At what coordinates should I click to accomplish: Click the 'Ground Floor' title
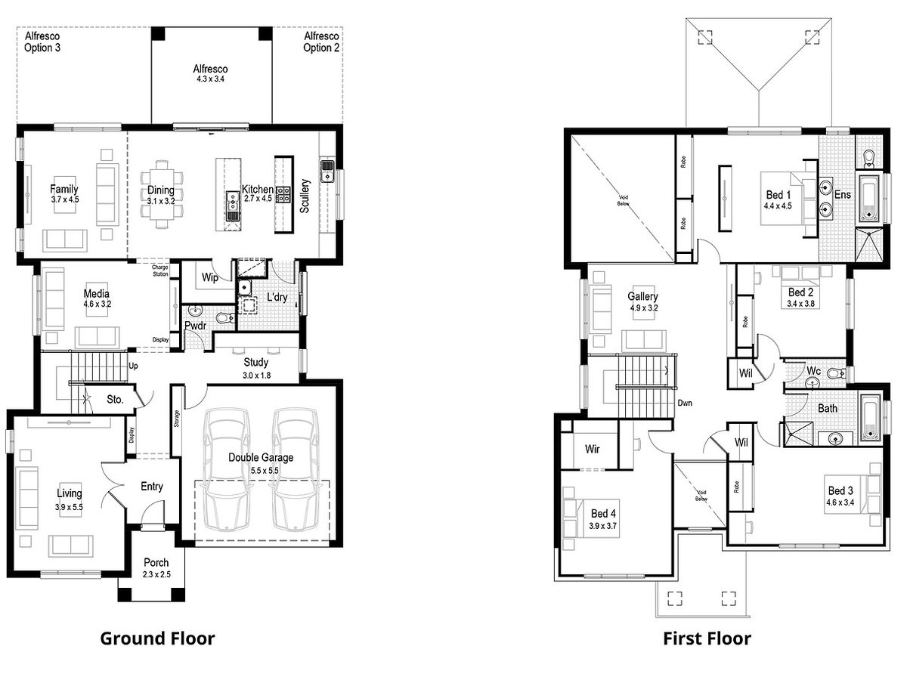coord(157,638)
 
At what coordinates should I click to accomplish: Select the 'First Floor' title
coord(707,638)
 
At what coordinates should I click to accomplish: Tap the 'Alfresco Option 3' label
coord(42,42)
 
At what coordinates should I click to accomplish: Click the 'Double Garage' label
coord(262,457)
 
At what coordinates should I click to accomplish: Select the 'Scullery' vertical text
coord(305,196)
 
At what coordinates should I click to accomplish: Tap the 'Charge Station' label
coord(160,271)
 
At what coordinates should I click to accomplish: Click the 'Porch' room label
coord(156,563)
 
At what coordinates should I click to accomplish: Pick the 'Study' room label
coord(255,363)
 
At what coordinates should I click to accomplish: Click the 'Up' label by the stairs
coord(133,365)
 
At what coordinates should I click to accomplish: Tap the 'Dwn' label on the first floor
coord(686,403)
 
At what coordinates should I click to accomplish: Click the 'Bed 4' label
coord(603,513)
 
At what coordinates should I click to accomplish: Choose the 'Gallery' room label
coord(642,297)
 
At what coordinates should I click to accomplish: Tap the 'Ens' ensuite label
coord(843,195)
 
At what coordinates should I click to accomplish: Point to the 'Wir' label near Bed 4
coord(593,448)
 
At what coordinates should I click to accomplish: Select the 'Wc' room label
coord(813,373)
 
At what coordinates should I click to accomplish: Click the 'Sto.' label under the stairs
coord(114,398)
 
